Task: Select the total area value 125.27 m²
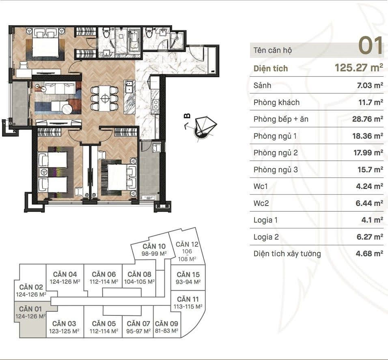(359, 68)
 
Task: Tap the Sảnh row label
(262, 85)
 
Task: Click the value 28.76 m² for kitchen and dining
(368, 119)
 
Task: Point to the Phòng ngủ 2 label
(276, 153)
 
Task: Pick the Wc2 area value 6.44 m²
(369, 203)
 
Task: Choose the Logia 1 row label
(265, 220)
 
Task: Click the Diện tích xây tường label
(287, 254)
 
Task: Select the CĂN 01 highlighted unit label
(31, 309)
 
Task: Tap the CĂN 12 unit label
(187, 244)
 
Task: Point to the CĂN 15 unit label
(188, 274)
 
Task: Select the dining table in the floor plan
(104, 99)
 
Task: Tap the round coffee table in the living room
(67, 109)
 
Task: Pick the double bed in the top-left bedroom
(45, 45)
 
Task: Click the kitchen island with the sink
(129, 97)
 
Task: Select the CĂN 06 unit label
(103, 274)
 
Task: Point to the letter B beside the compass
(188, 116)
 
